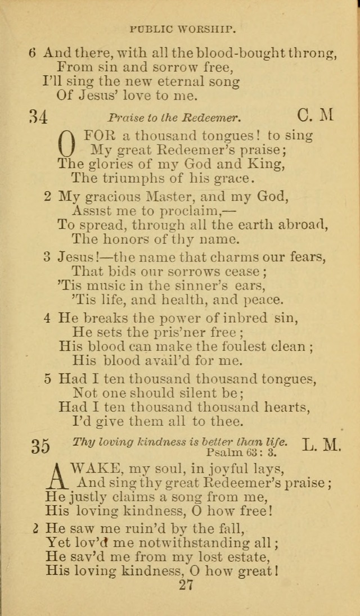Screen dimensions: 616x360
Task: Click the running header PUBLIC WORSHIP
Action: (x=182, y=27)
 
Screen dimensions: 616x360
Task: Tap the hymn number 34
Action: (x=38, y=117)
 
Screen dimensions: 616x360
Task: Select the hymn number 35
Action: (x=40, y=446)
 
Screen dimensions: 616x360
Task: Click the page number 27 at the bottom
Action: (x=186, y=585)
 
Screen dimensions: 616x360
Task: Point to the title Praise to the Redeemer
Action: (x=174, y=118)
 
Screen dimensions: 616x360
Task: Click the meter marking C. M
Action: (x=315, y=115)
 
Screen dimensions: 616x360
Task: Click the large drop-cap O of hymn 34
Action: (x=66, y=143)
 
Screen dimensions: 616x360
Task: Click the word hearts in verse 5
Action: (x=286, y=406)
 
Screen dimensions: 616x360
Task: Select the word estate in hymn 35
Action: (x=246, y=556)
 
